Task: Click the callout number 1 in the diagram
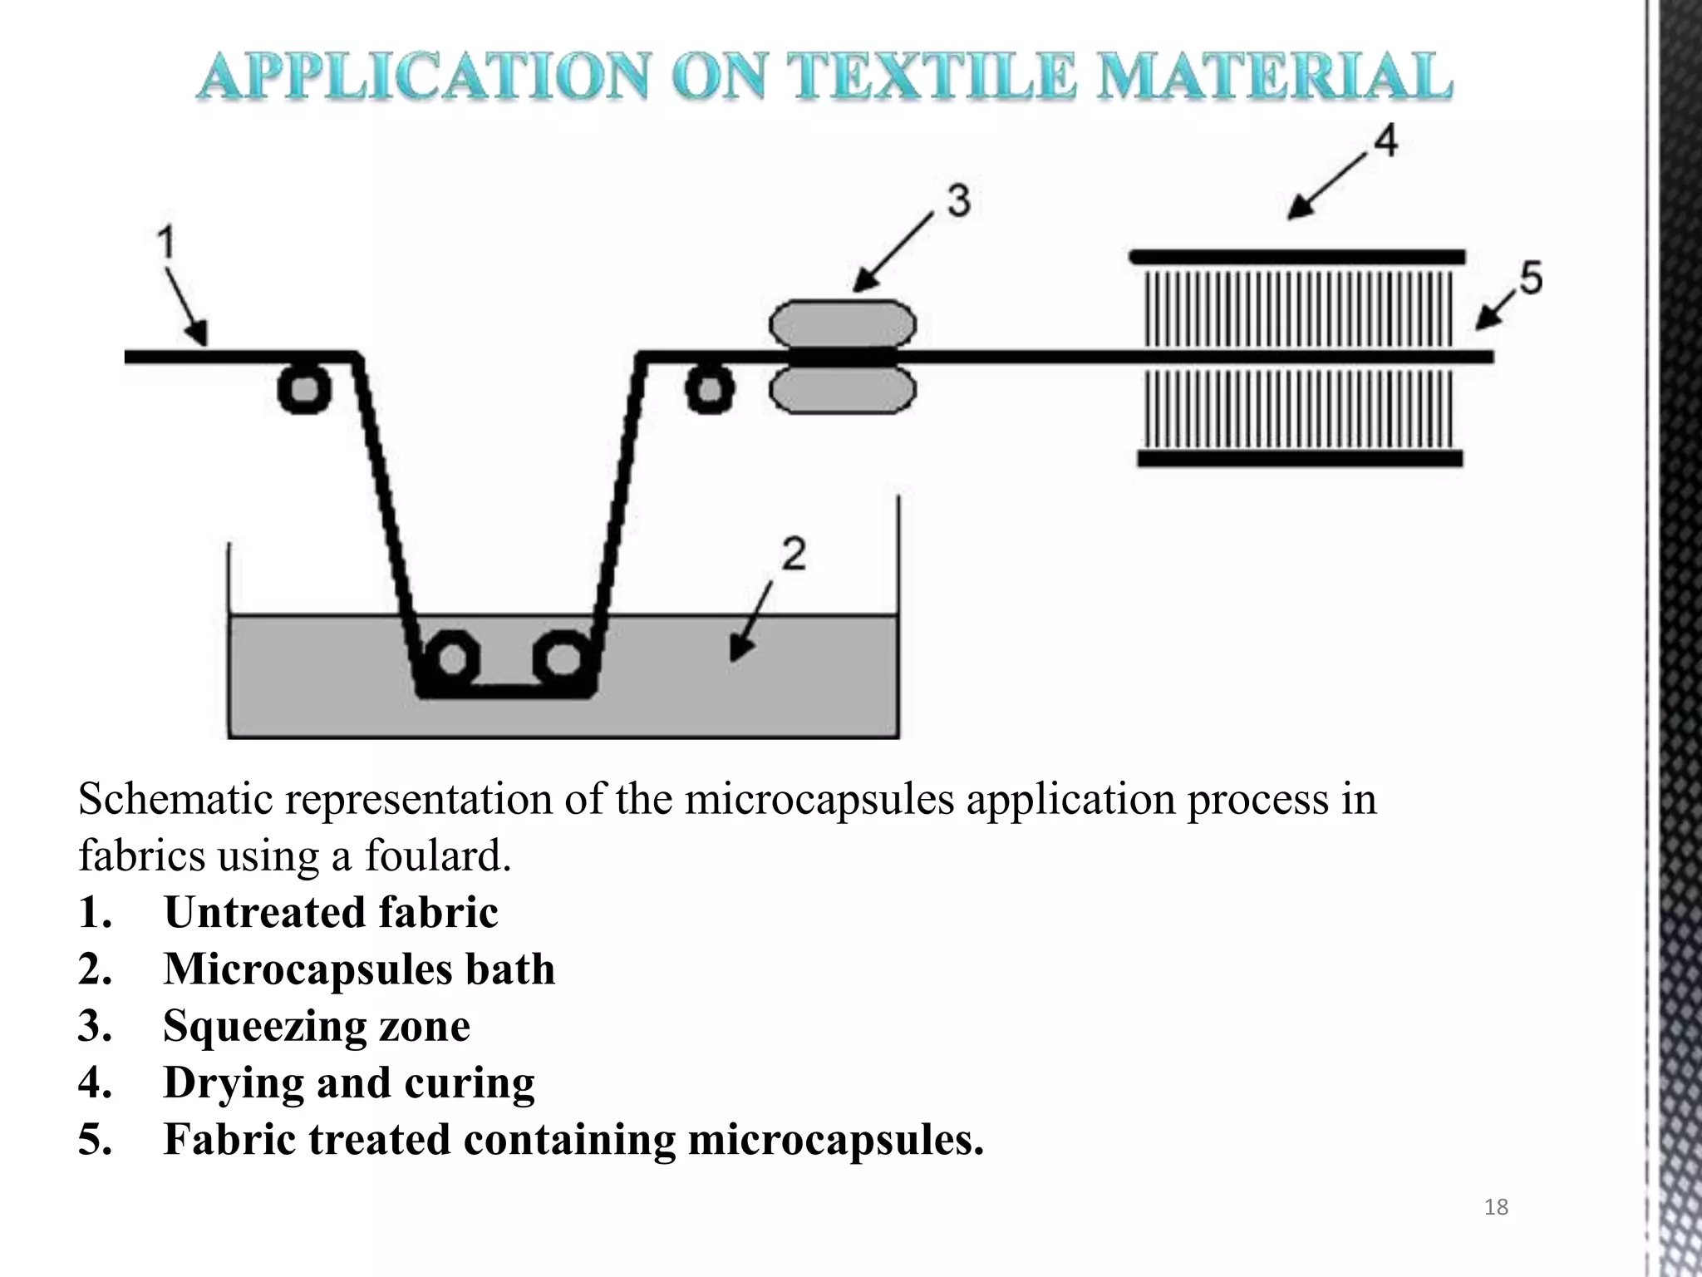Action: (x=167, y=244)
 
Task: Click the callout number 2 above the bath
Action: (x=794, y=554)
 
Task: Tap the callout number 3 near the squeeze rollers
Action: (x=958, y=202)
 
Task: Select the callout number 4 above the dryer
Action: (x=1385, y=141)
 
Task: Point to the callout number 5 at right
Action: (x=1531, y=278)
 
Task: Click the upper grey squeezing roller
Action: (x=843, y=324)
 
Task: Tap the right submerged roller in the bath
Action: (x=563, y=659)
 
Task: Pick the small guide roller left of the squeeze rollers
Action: (x=709, y=389)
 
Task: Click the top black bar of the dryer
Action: (x=1296, y=256)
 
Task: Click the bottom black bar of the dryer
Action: (x=1299, y=458)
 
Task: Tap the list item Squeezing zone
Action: (x=316, y=1025)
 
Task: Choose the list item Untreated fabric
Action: (x=330, y=912)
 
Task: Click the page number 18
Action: (x=1495, y=1207)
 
